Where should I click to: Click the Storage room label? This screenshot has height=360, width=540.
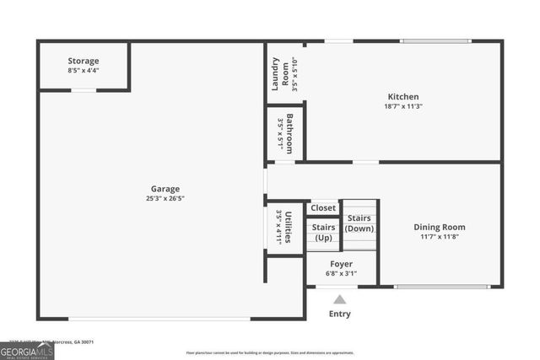point(84,61)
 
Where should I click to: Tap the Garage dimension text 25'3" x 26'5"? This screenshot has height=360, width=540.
point(165,199)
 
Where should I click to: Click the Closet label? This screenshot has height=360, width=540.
point(323,207)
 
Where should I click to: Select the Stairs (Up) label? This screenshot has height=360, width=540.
point(323,232)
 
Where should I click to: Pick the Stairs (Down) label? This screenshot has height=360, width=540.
point(360,223)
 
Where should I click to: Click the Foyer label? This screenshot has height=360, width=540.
point(341,264)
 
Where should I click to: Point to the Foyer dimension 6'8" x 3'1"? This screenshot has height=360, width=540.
point(341,273)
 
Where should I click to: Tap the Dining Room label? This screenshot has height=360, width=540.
point(439,227)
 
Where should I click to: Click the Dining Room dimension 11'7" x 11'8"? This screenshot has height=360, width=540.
point(439,237)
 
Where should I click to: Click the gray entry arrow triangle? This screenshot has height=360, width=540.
point(339,299)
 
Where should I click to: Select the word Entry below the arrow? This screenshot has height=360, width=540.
point(339,314)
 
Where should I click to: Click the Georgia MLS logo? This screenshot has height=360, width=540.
point(27,350)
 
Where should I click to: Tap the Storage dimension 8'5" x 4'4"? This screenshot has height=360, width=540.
point(84,71)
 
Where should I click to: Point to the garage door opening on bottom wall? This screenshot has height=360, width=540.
point(159,319)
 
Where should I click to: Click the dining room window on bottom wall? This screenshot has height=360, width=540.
point(441,287)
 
